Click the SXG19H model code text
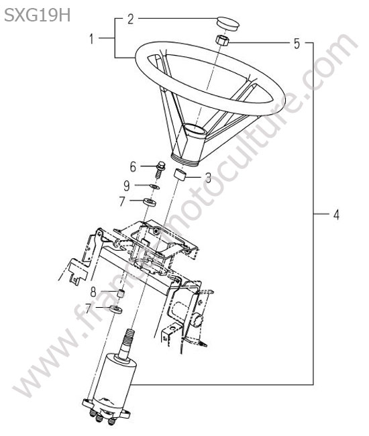point(38,15)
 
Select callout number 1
point(91,39)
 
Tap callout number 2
point(130,19)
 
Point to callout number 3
point(208,178)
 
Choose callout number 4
point(337,215)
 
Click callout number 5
point(297,44)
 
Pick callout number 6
point(133,167)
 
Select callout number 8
point(93,292)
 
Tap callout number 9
point(127,186)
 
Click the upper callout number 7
point(122,201)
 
